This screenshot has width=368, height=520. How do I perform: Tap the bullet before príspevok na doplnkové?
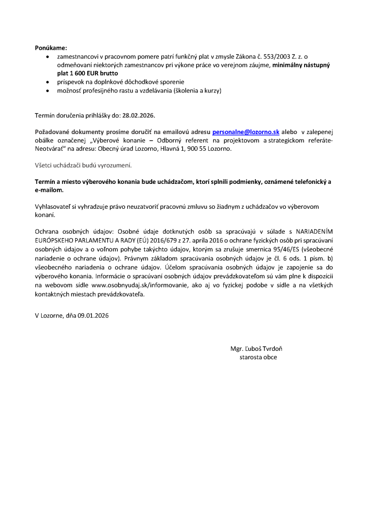(48, 82)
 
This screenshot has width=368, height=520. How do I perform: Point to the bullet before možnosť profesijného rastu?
(48, 90)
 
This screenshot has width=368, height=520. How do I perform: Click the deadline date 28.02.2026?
(138, 115)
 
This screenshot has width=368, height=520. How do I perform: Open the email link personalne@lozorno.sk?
(246, 132)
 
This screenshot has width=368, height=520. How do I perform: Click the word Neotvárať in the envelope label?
(51, 149)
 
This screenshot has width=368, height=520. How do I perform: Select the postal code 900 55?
(197, 149)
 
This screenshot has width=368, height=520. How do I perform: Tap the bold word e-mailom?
(48, 190)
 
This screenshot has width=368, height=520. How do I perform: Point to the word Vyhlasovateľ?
(54, 207)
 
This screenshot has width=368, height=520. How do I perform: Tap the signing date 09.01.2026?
(93, 315)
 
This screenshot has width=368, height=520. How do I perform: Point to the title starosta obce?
(258, 357)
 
